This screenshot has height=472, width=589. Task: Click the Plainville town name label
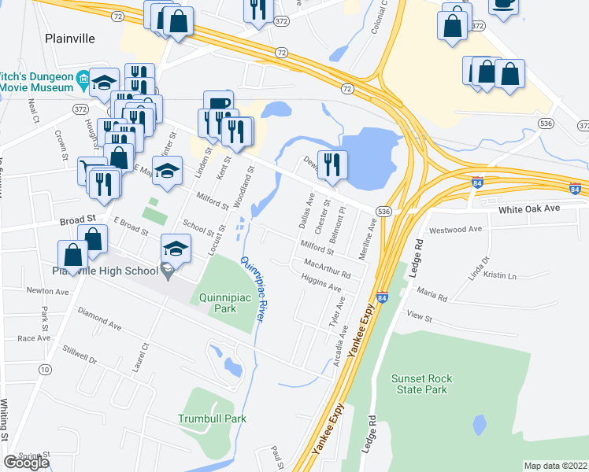70,38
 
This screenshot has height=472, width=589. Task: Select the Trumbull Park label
212,419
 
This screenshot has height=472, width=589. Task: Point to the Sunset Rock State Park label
423,384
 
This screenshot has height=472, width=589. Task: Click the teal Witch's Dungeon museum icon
83,78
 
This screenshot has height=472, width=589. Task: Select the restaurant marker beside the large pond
332,164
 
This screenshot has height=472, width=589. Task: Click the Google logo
26,463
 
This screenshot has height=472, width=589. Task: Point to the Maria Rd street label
432,297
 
